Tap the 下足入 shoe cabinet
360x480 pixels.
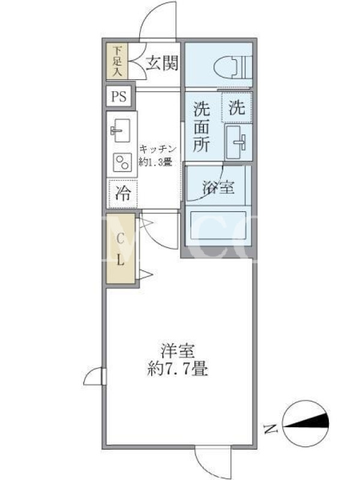(117, 61)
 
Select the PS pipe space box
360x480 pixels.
(119, 97)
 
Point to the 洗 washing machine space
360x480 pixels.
(237, 107)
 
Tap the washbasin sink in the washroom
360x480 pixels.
(238, 142)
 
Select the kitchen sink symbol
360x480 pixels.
(120, 131)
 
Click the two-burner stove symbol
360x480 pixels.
(122, 162)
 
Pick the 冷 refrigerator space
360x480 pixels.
(123, 193)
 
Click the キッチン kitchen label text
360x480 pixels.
(158, 149)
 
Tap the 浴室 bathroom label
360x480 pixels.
(218, 187)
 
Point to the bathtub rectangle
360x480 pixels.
(218, 226)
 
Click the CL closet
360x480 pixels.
(121, 248)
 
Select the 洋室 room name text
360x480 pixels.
(178, 351)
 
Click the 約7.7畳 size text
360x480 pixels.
(178, 368)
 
